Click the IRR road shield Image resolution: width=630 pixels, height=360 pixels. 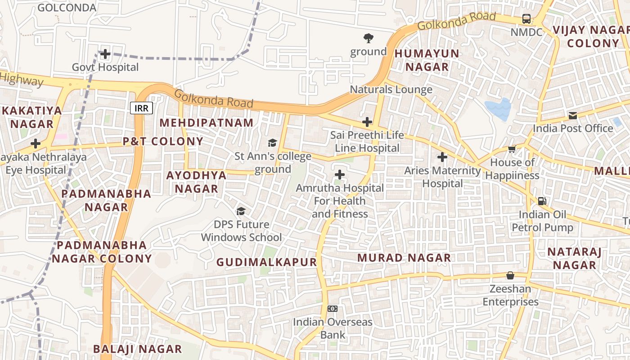click(x=142, y=108)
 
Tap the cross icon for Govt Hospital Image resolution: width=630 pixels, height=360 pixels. click(x=105, y=54)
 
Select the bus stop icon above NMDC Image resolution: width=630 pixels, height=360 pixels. click(x=526, y=19)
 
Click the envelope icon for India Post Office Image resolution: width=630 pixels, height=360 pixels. click(x=572, y=116)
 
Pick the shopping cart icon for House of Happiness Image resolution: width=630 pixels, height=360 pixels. click(x=512, y=149)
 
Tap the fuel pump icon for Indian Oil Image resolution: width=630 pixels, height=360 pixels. click(x=542, y=201)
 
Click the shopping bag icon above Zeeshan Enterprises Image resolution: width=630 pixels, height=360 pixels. click(x=510, y=275)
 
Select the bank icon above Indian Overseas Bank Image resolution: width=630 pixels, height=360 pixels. click(x=333, y=309)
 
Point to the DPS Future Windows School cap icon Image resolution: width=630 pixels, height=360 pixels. click(x=241, y=211)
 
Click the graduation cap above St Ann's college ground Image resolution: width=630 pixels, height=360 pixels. click(x=272, y=143)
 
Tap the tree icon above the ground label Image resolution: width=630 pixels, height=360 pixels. click(x=369, y=38)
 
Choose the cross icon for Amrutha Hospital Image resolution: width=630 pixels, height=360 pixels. click(x=340, y=175)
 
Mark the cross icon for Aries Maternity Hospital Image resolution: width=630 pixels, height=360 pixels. click(x=442, y=157)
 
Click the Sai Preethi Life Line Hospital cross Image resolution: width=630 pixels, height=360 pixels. click(x=367, y=122)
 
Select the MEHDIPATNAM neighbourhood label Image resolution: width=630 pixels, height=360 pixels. click(x=207, y=123)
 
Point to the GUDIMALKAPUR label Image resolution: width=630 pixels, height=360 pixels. click(x=266, y=262)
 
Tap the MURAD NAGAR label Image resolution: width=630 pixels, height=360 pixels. click(x=404, y=257)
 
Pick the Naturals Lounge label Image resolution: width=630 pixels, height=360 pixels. click(x=391, y=90)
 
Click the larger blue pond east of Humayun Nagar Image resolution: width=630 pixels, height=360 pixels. click(x=498, y=109)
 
